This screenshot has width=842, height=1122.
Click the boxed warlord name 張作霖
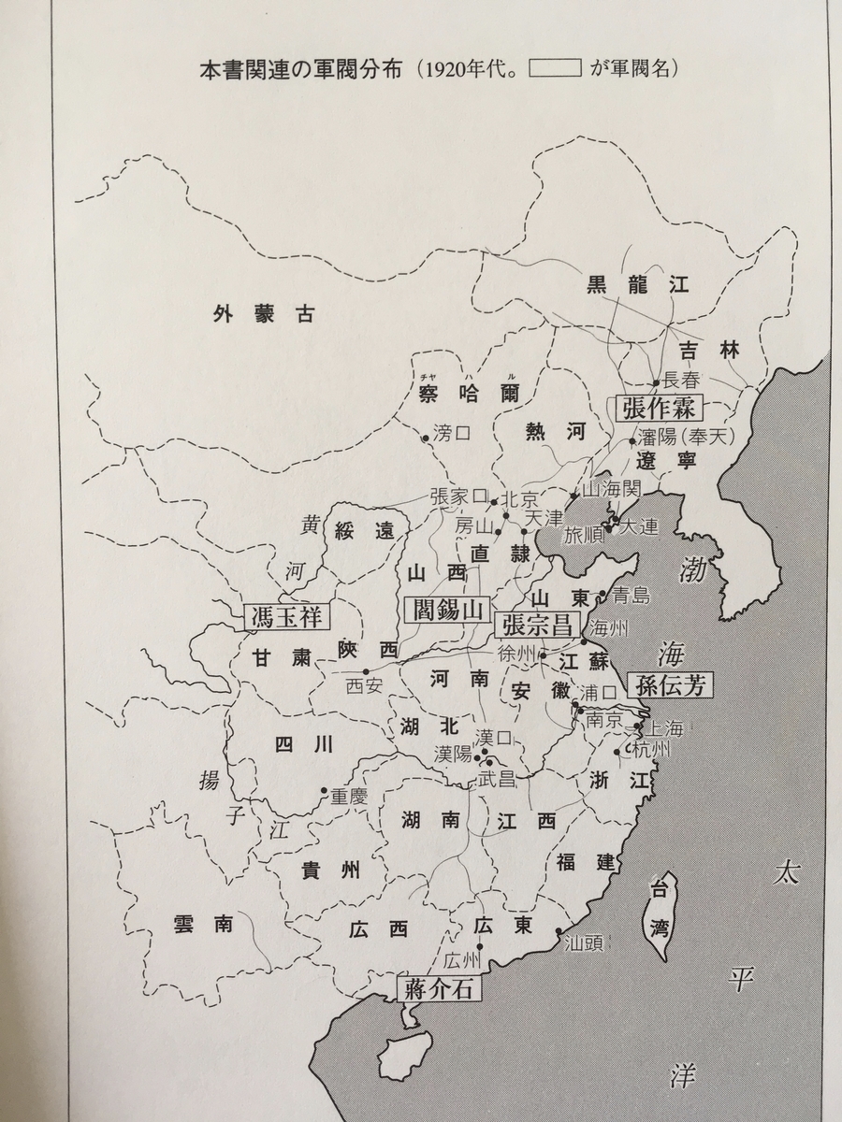pyautogui.click(x=659, y=406)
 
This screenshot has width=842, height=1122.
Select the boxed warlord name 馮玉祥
pyautogui.click(x=290, y=615)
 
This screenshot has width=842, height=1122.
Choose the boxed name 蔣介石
pyautogui.click(x=440, y=987)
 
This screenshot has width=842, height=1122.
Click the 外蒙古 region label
pyautogui.click(x=262, y=314)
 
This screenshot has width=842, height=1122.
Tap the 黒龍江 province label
pyautogui.click(x=637, y=285)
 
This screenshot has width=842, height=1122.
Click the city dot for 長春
pyautogui.click(x=655, y=382)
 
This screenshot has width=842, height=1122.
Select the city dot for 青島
pyautogui.click(x=604, y=595)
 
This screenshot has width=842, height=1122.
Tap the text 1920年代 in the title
pyautogui.click(x=465, y=70)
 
